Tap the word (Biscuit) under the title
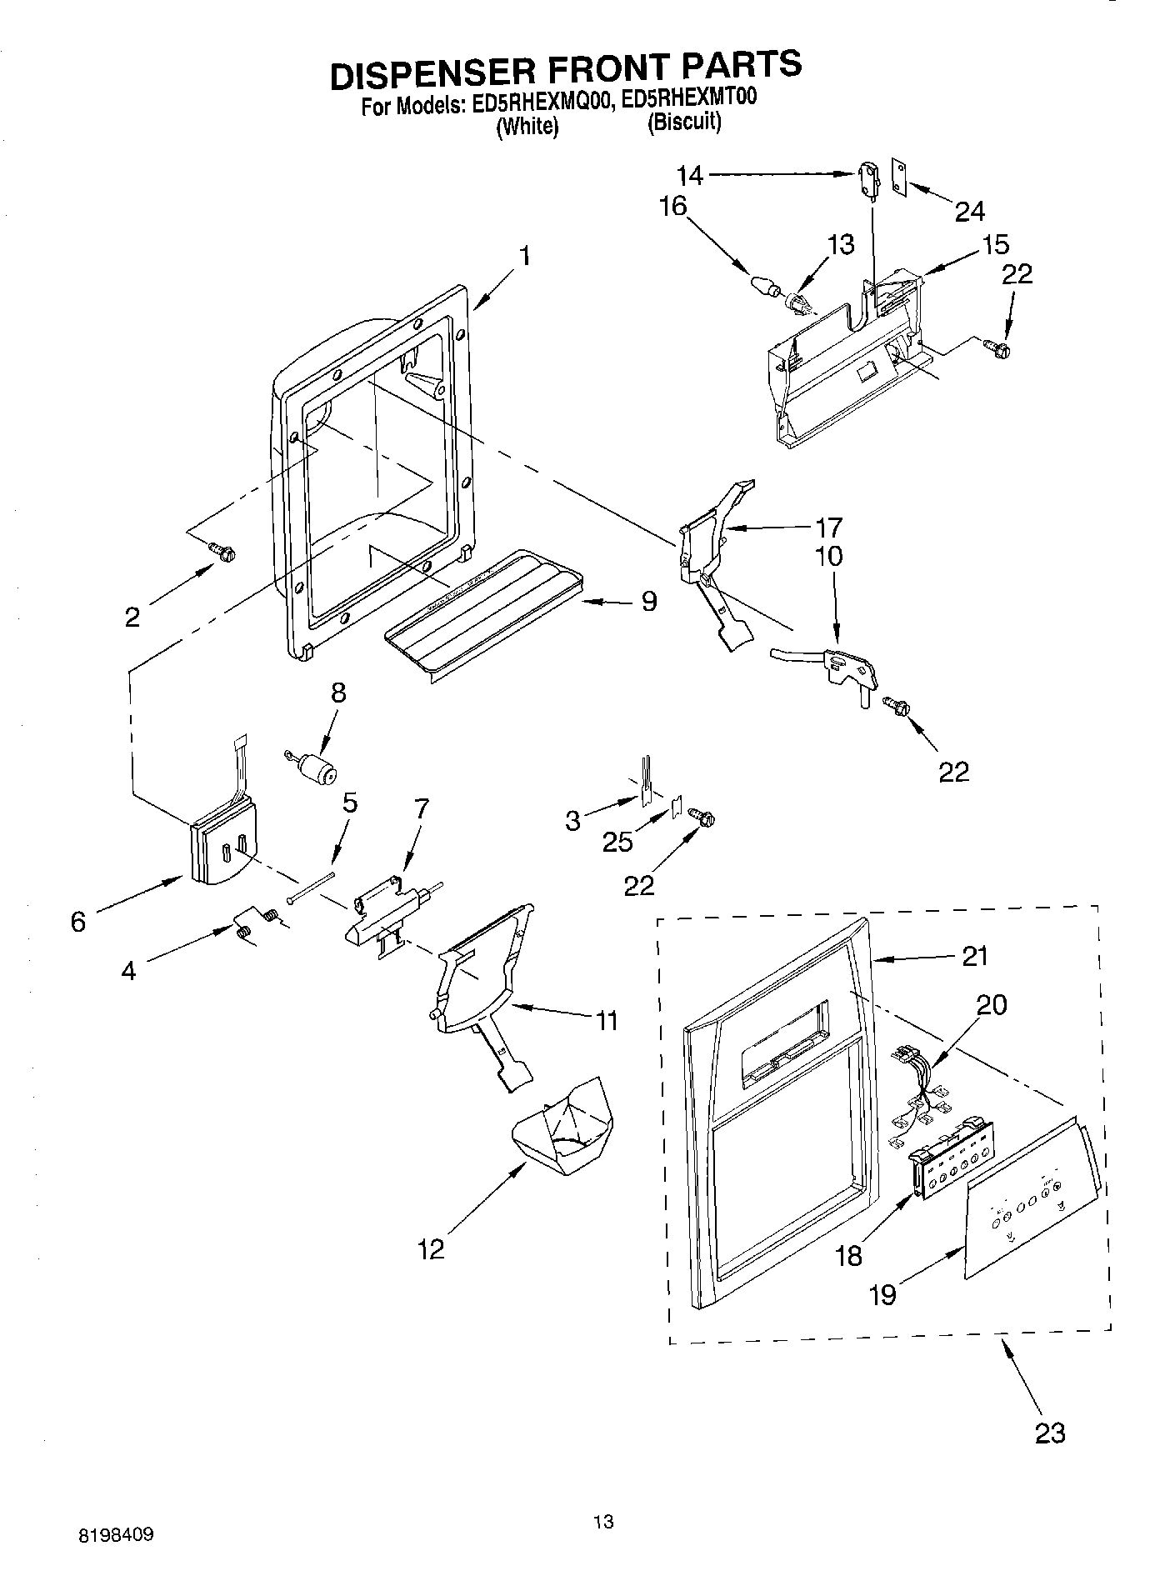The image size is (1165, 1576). [684, 123]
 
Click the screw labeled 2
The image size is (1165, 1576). [222, 550]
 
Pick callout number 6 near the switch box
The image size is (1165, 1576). [78, 922]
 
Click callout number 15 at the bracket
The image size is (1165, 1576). [995, 243]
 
